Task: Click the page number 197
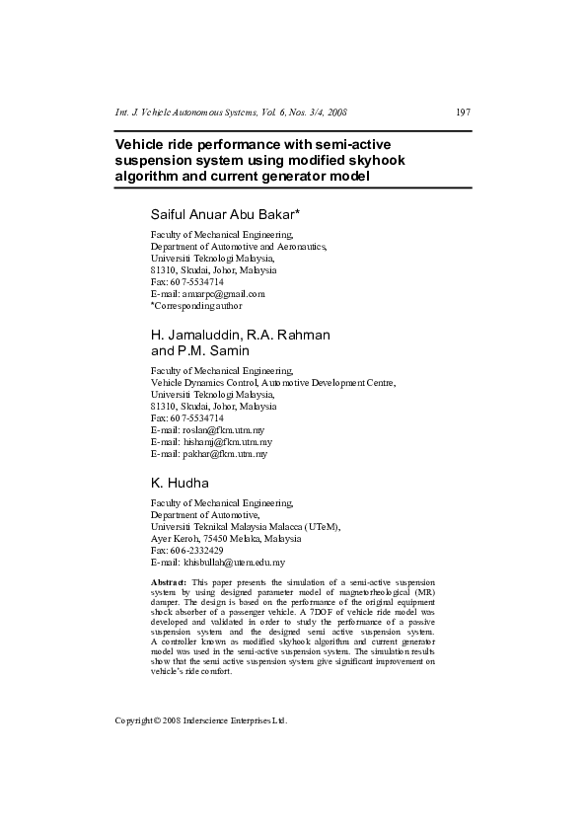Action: coord(463,112)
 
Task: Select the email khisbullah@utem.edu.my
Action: coord(231,562)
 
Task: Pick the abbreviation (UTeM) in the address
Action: coord(321,527)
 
